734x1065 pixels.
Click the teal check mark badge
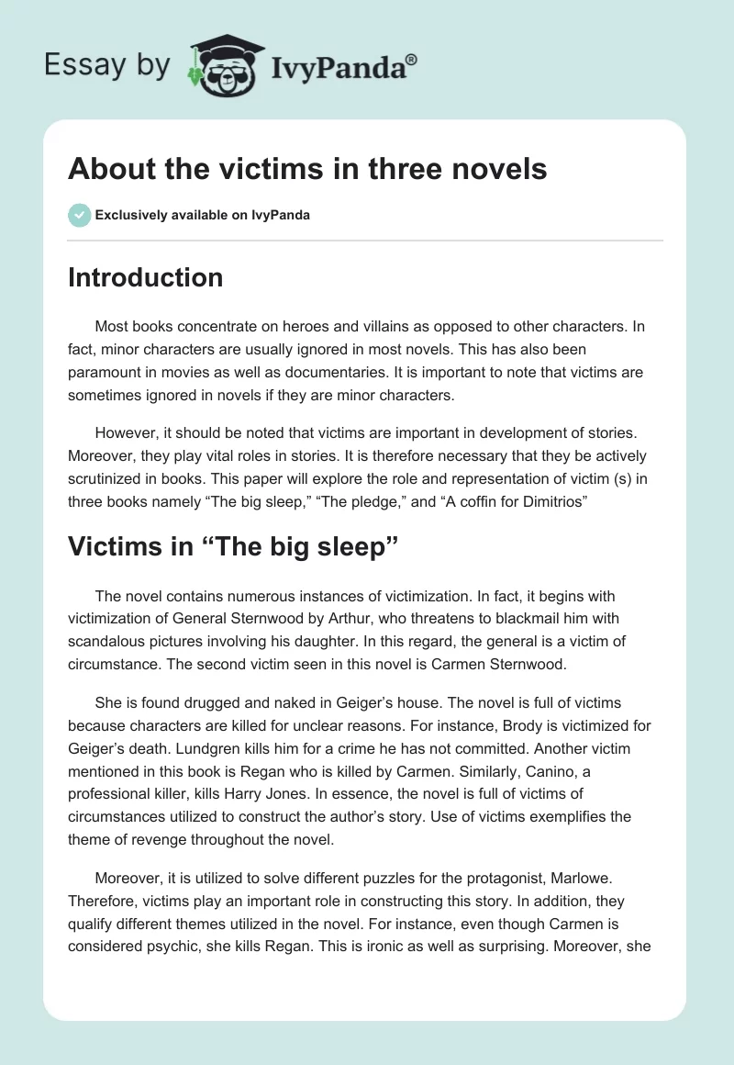[x=79, y=215]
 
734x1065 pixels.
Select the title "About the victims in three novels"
[x=307, y=169]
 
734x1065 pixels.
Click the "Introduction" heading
[x=145, y=277]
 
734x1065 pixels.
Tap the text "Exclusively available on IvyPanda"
[x=202, y=216]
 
